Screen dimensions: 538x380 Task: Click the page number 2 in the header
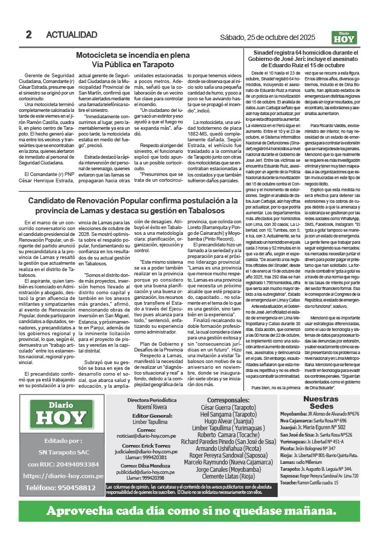click(29, 35)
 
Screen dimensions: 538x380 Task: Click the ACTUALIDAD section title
click(71, 35)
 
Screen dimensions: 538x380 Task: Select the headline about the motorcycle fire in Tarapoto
click(125, 59)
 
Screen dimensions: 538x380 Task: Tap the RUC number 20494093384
click(63, 464)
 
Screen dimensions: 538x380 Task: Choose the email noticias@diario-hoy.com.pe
click(146, 436)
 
